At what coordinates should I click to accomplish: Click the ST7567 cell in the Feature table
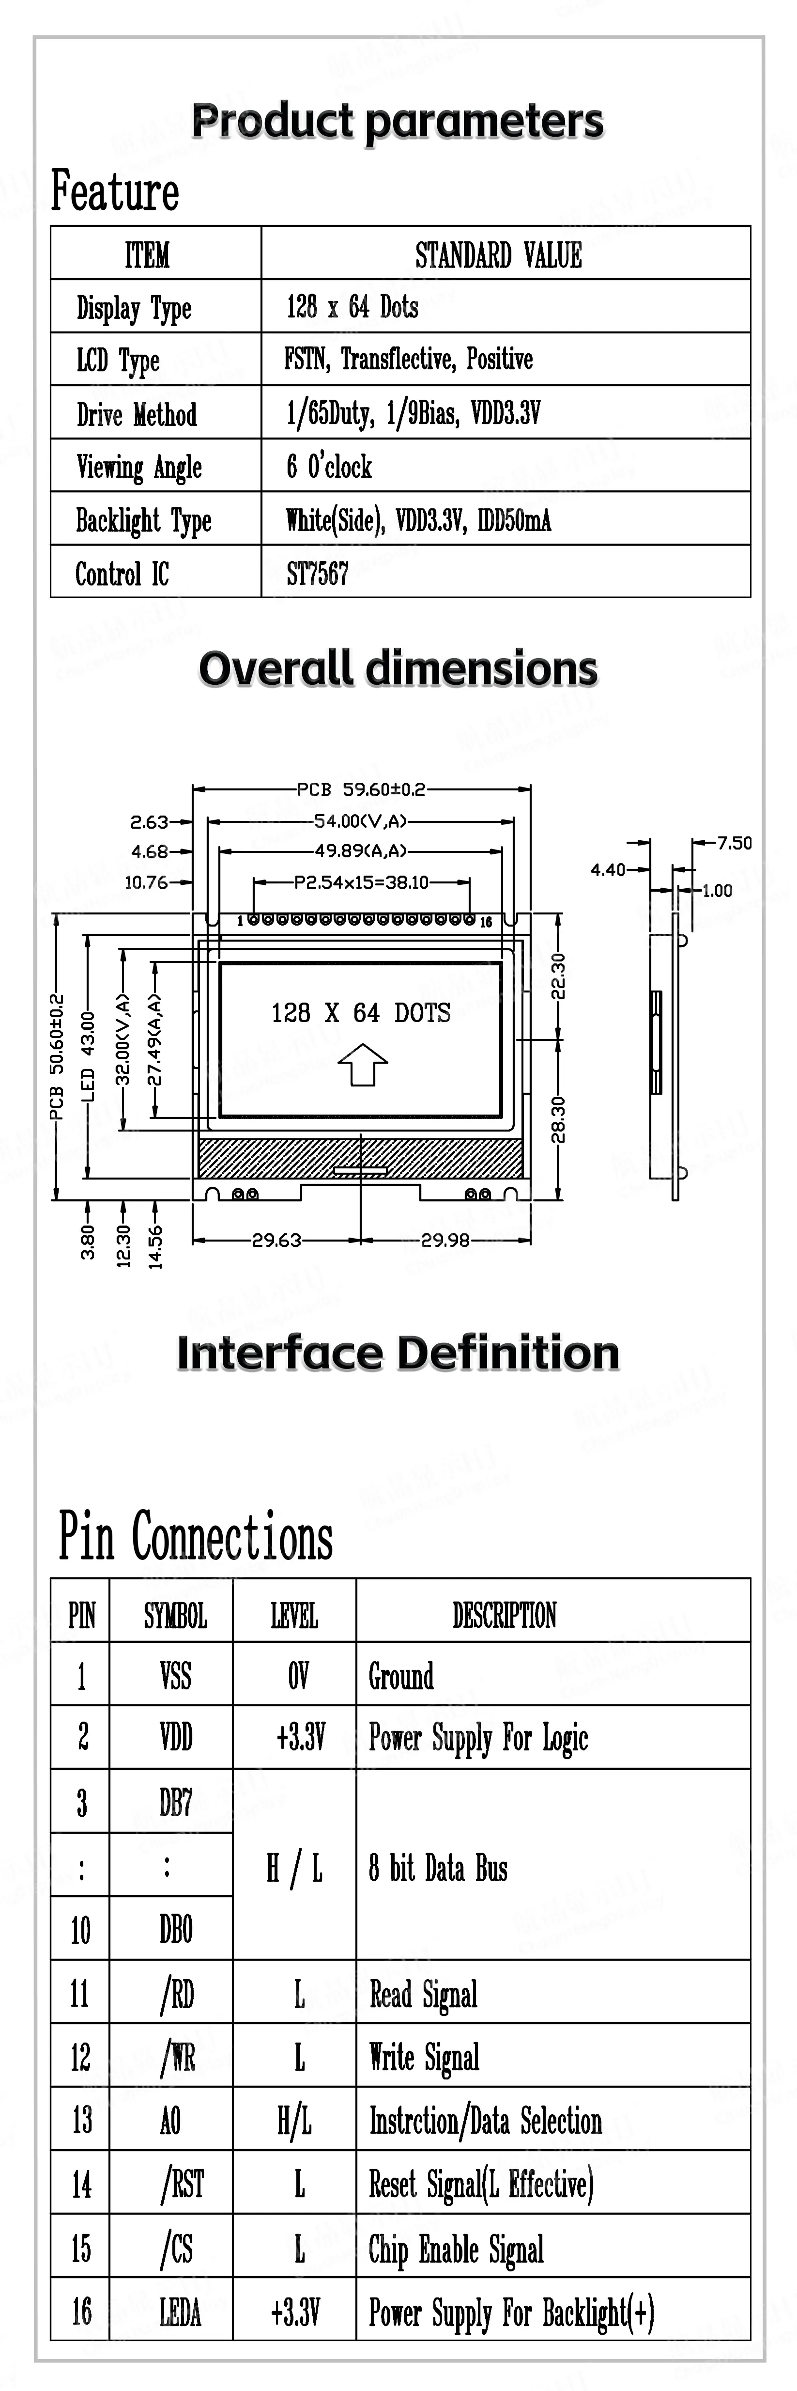pos(317,574)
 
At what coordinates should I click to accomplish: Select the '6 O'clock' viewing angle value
pos(329,467)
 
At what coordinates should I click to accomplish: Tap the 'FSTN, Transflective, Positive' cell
pos(408,359)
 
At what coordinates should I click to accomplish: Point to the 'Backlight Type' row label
pos(144,521)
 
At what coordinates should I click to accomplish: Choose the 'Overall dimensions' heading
pos(398,668)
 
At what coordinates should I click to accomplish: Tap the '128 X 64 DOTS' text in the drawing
pos(361,1013)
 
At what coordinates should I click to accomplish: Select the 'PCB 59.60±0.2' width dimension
pos(361,789)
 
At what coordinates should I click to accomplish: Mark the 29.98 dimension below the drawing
pos(445,1239)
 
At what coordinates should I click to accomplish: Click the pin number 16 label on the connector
pos(485,922)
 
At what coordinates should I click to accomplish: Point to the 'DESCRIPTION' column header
pos(505,1615)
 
